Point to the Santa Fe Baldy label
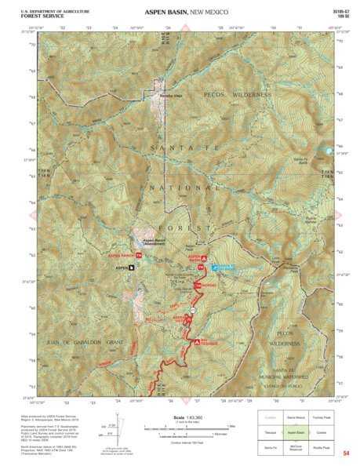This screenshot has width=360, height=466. [302, 160]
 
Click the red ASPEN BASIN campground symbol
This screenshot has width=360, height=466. [205, 257]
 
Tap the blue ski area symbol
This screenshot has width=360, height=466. [215, 267]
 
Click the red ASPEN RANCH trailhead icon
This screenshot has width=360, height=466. [139, 256]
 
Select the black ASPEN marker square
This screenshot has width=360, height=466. [131, 268]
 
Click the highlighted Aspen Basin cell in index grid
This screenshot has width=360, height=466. [295, 432]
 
